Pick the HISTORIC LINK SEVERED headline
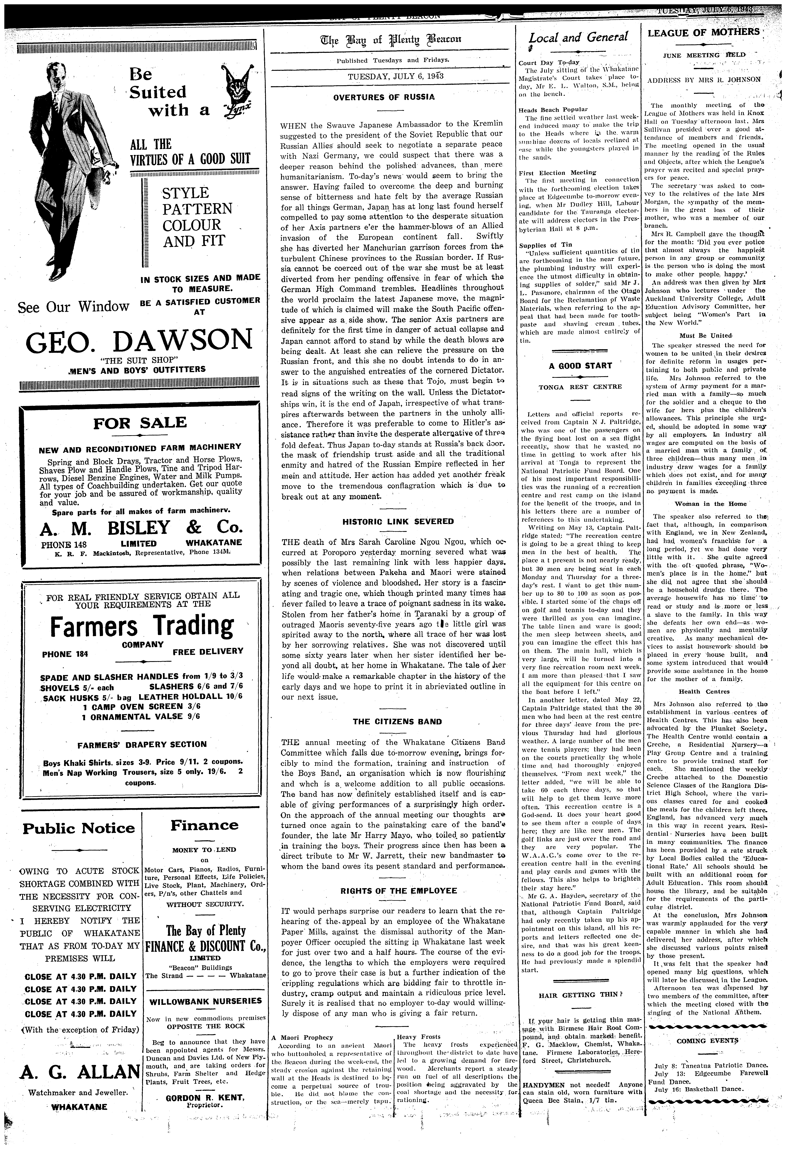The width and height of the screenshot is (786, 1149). [391, 522]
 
